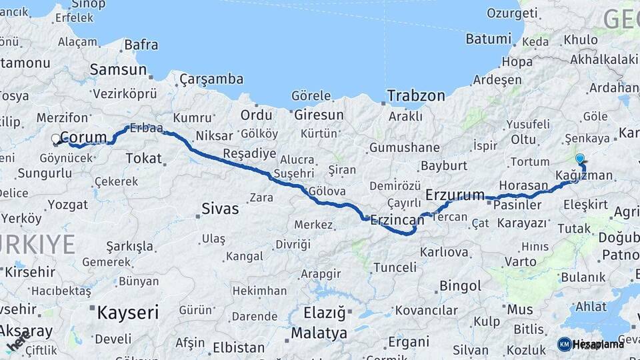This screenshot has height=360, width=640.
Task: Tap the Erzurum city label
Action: pyautogui.click(x=455, y=195)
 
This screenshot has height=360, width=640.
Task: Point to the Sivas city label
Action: pyautogui.click(x=220, y=209)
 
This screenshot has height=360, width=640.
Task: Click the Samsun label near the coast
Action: pyautogui.click(x=118, y=69)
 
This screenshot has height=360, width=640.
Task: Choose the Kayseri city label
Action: pyautogui.click(x=128, y=311)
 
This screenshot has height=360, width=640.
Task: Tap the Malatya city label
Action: pyautogui.click(x=319, y=333)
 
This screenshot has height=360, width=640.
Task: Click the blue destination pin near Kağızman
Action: pyautogui.click(x=580, y=159)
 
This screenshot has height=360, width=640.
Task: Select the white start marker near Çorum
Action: pyautogui.click(x=56, y=139)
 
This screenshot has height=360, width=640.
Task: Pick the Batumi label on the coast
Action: pyautogui.click(x=488, y=39)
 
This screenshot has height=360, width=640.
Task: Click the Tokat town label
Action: pyautogui.click(x=143, y=158)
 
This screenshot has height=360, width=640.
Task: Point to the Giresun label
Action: pyautogui.click(x=319, y=115)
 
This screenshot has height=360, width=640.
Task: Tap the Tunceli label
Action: pyautogui.click(x=395, y=267)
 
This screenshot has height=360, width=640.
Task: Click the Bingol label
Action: pyautogui.click(x=460, y=286)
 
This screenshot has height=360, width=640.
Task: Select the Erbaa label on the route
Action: pyautogui.click(x=147, y=127)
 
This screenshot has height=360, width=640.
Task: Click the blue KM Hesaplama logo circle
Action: pyautogui.click(x=564, y=344)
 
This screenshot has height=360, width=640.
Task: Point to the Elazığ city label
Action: pyautogui.click(x=325, y=312)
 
